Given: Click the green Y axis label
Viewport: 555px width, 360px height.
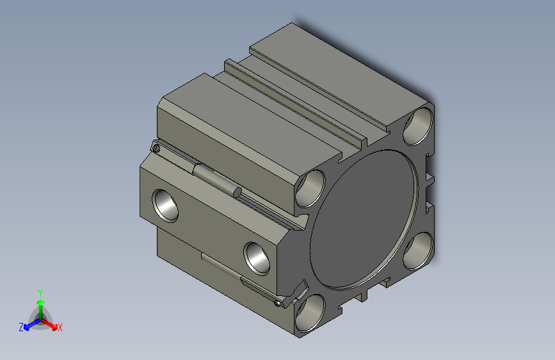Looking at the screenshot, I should click(40, 291).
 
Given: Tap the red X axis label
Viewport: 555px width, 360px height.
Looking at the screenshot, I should click(60, 328).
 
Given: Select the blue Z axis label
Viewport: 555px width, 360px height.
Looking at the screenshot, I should click(21, 327).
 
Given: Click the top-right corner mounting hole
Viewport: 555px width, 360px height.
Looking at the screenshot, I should click(419, 124).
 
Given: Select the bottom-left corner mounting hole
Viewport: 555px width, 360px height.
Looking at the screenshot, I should click(309, 313).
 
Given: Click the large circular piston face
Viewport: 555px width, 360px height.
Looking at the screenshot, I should click(365, 218).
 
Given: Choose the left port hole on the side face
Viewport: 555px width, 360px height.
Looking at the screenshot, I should click(167, 204).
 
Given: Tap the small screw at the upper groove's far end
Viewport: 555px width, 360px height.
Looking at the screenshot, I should click(157, 149).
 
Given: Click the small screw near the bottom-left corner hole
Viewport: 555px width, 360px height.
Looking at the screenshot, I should click(277, 303).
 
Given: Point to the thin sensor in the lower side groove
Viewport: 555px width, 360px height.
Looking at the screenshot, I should click(221, 265).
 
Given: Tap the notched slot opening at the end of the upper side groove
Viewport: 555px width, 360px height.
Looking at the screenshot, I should click(297, 224).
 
